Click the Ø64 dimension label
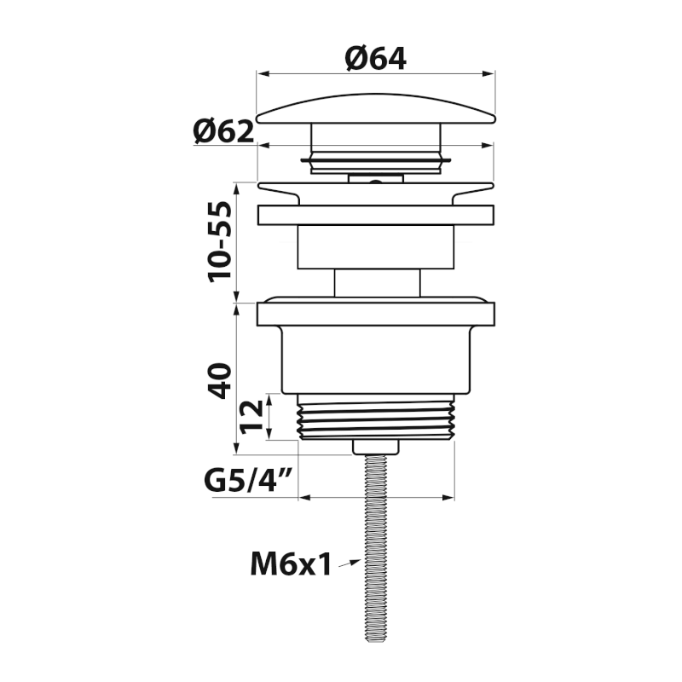(375, 58)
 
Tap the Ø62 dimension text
(223, 131)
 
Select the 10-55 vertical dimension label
(220, 242)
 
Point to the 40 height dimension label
(220, 380)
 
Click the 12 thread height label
(251, 417)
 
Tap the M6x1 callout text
(291, 564)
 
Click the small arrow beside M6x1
(350, 564)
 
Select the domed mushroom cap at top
(376, 109)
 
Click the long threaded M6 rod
(376, 548)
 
